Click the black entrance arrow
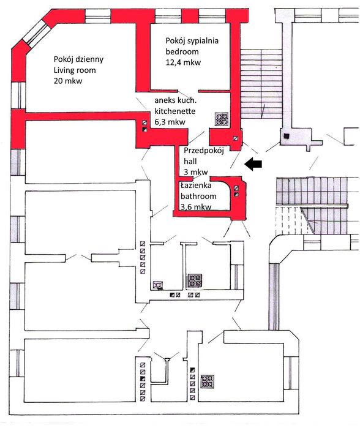(253, 164)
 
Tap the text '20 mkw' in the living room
(68, 81)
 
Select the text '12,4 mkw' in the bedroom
(183, 62)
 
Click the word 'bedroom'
(182, 51)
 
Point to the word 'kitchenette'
(175, 111)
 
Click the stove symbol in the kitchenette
(222, 119)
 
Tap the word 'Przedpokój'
(204, 151)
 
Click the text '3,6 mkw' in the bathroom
(196, 207)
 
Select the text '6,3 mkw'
(170, 122)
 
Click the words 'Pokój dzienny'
(78, 59)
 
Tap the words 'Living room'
(75, 70)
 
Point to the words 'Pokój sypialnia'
(192, 40)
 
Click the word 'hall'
(190, 161)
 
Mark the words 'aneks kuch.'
(176, 100)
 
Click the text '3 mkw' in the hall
(196, 172)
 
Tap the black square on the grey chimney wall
(286, 136)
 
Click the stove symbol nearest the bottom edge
(208, 381)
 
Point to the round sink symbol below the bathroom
(158, 285)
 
